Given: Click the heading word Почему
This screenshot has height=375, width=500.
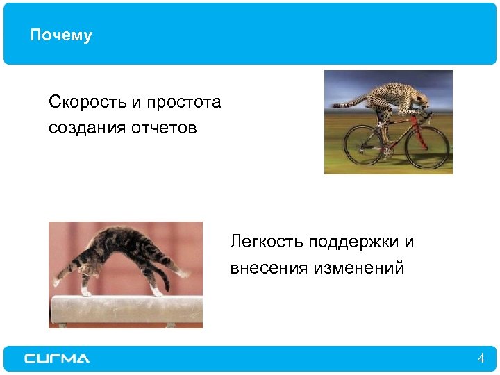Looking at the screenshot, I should point(61,35).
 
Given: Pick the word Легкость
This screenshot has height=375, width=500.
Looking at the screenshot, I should point(267,242).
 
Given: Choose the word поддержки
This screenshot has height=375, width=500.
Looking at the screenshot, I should point(353,242).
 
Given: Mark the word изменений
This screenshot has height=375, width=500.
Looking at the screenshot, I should point(360,267).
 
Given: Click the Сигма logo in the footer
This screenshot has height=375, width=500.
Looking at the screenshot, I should point(57,358).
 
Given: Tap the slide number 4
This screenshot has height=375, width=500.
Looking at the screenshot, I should point(481,358).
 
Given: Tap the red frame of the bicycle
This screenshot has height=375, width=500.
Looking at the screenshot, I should point(400,132).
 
